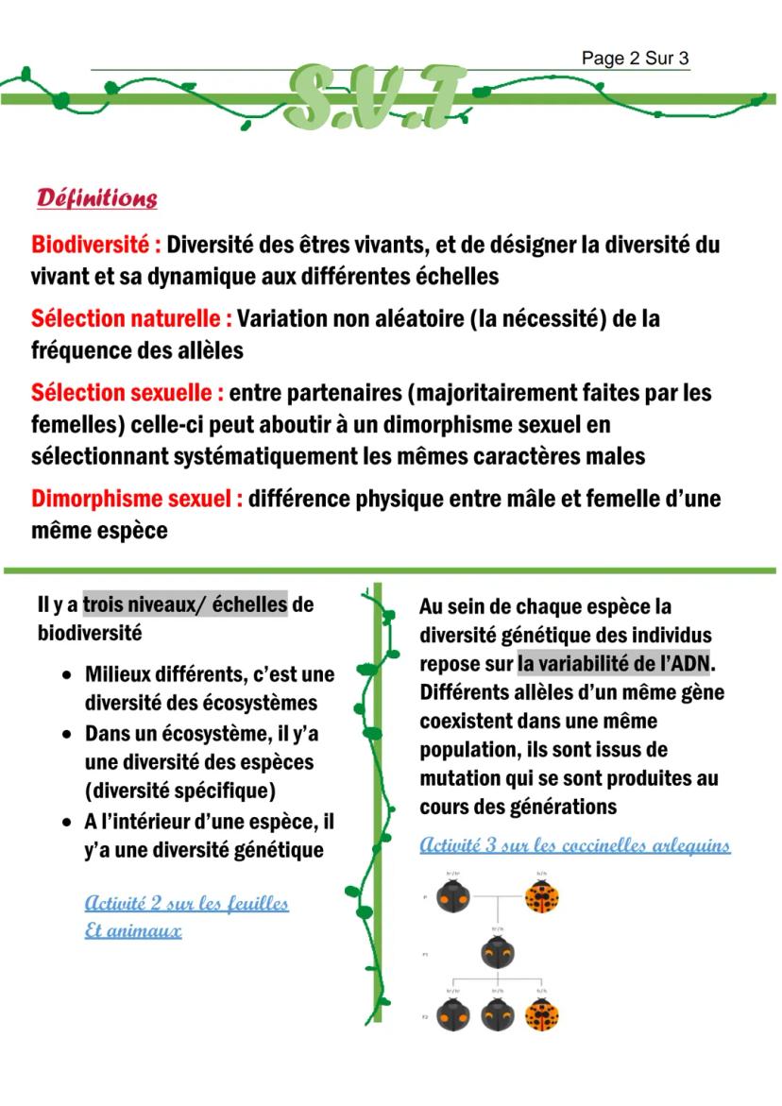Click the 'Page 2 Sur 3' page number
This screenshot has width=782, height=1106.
point(635,59)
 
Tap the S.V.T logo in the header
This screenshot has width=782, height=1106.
point(377,97)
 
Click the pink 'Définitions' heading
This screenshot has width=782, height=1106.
point(96,198)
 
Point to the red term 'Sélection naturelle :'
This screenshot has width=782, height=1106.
point(131,319)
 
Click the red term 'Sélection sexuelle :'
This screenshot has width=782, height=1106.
point(127,392)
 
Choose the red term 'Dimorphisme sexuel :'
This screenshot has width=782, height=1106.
point(137,498)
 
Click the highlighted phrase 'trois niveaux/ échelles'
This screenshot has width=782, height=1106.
point(185,604)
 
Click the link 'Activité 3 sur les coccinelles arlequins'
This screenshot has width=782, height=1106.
point(574,844)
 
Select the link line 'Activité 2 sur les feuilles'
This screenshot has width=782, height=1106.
point(186,903)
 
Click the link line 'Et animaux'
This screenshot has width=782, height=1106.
point(132,930)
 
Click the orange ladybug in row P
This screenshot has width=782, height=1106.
point(542,894)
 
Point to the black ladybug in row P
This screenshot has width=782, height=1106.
point(452,894)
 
